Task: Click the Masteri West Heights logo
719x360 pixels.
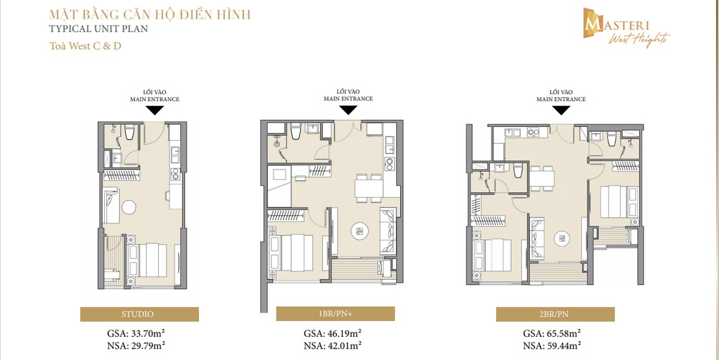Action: pos(626,28)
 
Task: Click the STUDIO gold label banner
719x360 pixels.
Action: pos(139,314)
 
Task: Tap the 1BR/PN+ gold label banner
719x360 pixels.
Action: pos(336,313)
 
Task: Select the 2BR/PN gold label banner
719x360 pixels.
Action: pos(555,314)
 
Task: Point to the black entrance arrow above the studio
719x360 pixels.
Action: pos(155,110)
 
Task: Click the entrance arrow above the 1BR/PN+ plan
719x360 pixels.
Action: pos(348,110)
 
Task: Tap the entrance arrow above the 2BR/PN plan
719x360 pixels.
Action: pos(561,111)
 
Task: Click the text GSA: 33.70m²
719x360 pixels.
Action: pos(136,334)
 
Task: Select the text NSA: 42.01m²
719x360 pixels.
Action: pos(333,346)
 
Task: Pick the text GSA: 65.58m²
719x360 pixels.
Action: pos(552,334)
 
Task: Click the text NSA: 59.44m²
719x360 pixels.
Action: pos(552,346)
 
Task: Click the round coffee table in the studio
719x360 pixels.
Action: pos(129,207)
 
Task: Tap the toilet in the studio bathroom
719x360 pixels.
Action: pos(129,132)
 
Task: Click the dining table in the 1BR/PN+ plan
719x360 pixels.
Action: pos(369,188)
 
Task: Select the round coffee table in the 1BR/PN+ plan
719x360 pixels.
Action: pos(359,231)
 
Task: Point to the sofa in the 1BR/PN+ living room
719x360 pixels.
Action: pos(388,231)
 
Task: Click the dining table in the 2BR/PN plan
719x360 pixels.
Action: pos(542,179)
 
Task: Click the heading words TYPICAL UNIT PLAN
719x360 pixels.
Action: pos(98,29)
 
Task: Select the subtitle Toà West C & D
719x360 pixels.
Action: pos(85,46)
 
